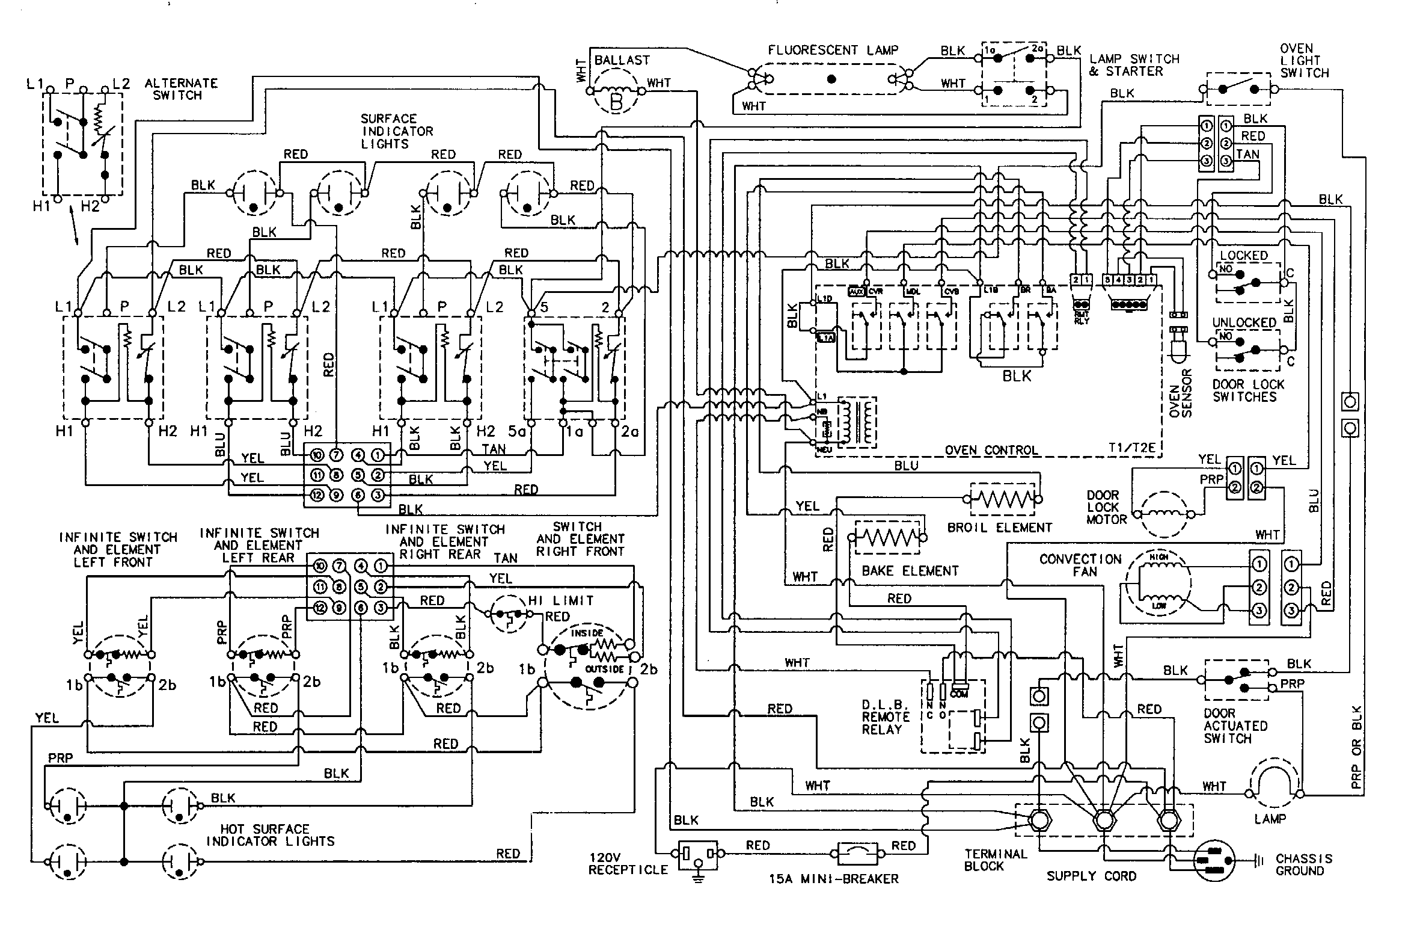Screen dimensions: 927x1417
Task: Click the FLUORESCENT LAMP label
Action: click(x=833, y=51)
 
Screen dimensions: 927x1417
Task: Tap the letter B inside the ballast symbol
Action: click(x=617, y=103)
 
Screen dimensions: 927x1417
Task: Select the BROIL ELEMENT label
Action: click(x=1000, y=528)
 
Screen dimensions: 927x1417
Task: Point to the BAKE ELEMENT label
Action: click(x=910, y=570)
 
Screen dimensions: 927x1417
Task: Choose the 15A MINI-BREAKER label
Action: click(x=833, y=879)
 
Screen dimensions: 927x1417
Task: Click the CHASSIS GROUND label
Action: click(x=1303, y=864)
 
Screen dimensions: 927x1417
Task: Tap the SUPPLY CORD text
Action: click(x=1091, y=876)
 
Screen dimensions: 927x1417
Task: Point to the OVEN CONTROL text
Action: click(x=991, y=450)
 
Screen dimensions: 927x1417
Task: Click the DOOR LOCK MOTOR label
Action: click(x=1103, y=507)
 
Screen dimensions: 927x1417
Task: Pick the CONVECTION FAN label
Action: click(x=1081, y=565)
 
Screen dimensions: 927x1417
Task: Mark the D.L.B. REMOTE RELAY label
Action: click(x=886, y=716)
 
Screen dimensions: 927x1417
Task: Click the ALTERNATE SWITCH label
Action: click(x=181, y=89)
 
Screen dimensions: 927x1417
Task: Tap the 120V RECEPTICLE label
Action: click(x=628, y=863)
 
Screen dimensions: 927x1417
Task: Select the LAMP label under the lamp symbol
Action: click(x=1270, y=819)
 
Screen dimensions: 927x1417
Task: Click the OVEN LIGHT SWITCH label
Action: click(x=1304, y=60)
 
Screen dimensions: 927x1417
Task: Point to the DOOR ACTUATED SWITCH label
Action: click(x=1235, y=725)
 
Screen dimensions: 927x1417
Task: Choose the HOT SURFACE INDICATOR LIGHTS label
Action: click(x=271, y=835)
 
